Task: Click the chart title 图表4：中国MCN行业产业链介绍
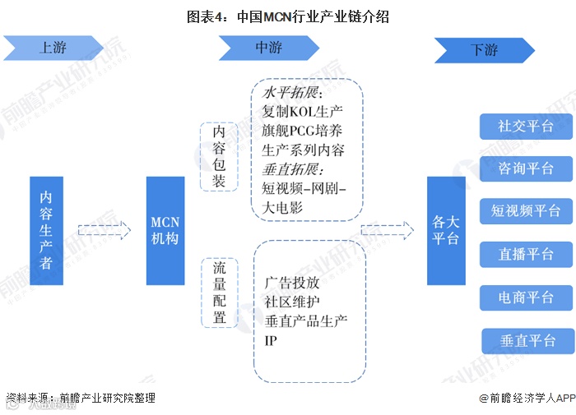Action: (288, 16)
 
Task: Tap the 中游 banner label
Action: (268, 48)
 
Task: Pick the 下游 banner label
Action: (484, 50)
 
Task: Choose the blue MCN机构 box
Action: (165, 230)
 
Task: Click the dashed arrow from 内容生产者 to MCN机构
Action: (105, 231)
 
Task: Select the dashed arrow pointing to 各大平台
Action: (388, 231)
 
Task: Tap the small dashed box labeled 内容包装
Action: (219, 156)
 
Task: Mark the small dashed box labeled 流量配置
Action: (219, 293)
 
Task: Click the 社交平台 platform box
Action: (526, 127)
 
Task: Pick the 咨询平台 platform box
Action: (526, 168)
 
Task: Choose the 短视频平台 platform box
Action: (526, 211)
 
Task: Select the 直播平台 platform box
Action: (526, 254)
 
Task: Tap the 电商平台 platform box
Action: (526, 297)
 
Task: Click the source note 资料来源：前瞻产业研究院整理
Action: (80, 399)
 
